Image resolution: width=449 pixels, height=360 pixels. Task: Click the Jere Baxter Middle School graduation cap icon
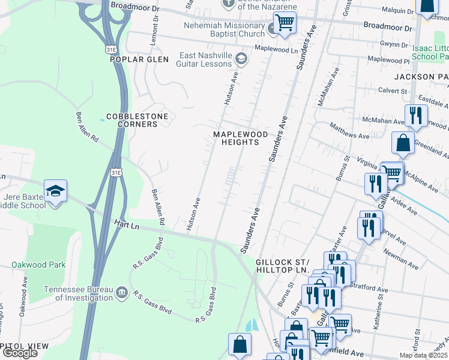55,191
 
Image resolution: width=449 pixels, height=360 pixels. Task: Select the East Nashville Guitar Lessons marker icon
241,58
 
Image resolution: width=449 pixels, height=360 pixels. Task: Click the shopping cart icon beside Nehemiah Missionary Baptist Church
285,23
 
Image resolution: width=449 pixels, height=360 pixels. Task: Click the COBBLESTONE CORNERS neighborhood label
137,120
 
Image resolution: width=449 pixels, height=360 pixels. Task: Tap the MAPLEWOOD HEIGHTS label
237,138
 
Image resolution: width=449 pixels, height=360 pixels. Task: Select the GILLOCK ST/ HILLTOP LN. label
282,266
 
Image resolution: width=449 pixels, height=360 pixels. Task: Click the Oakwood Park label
37,265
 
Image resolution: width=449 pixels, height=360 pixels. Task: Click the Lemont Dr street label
155,28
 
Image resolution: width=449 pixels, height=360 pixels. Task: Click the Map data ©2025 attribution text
424,355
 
